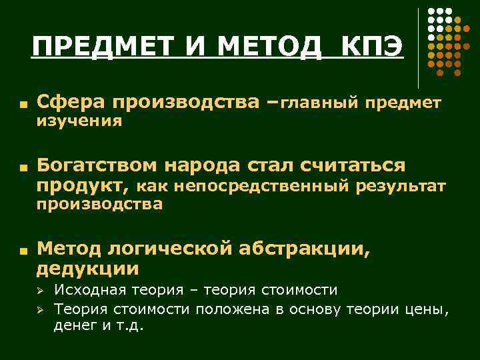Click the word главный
click(318, 103)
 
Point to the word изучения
click(79, 121)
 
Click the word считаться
click(353, 165)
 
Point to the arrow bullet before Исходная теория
click(40, 291)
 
